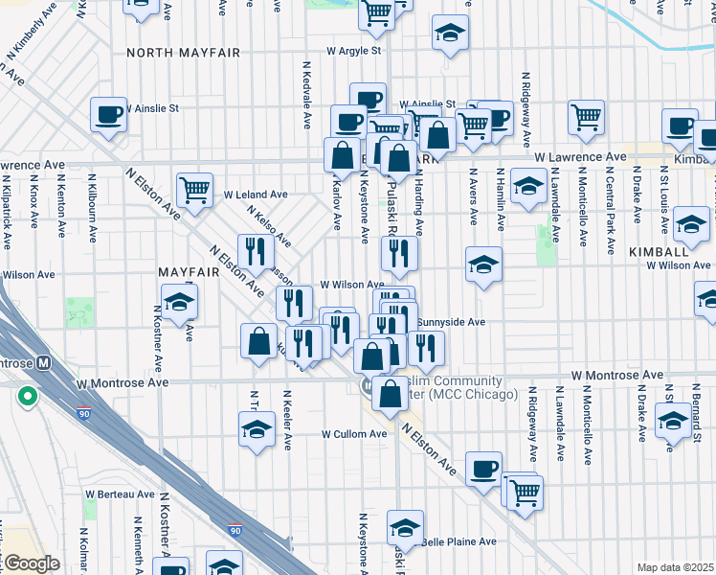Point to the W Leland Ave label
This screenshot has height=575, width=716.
[x=256, y=194]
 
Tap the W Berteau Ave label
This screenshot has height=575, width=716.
[x=120, y=494]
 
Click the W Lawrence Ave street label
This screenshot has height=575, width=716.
[x=580, y=156]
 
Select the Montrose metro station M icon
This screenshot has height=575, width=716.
[x=42, y=364]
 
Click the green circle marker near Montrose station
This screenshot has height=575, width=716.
[x=28, y=395]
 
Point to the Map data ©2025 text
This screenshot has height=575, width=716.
[x=675, y=567]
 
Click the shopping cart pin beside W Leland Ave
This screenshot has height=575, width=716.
[x=194, y=189]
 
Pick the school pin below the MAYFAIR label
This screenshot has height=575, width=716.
[x=177, y=302]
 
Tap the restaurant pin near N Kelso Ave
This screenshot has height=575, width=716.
[x=255, y=251]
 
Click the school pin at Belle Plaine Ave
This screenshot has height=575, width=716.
[x=405, y=526]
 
